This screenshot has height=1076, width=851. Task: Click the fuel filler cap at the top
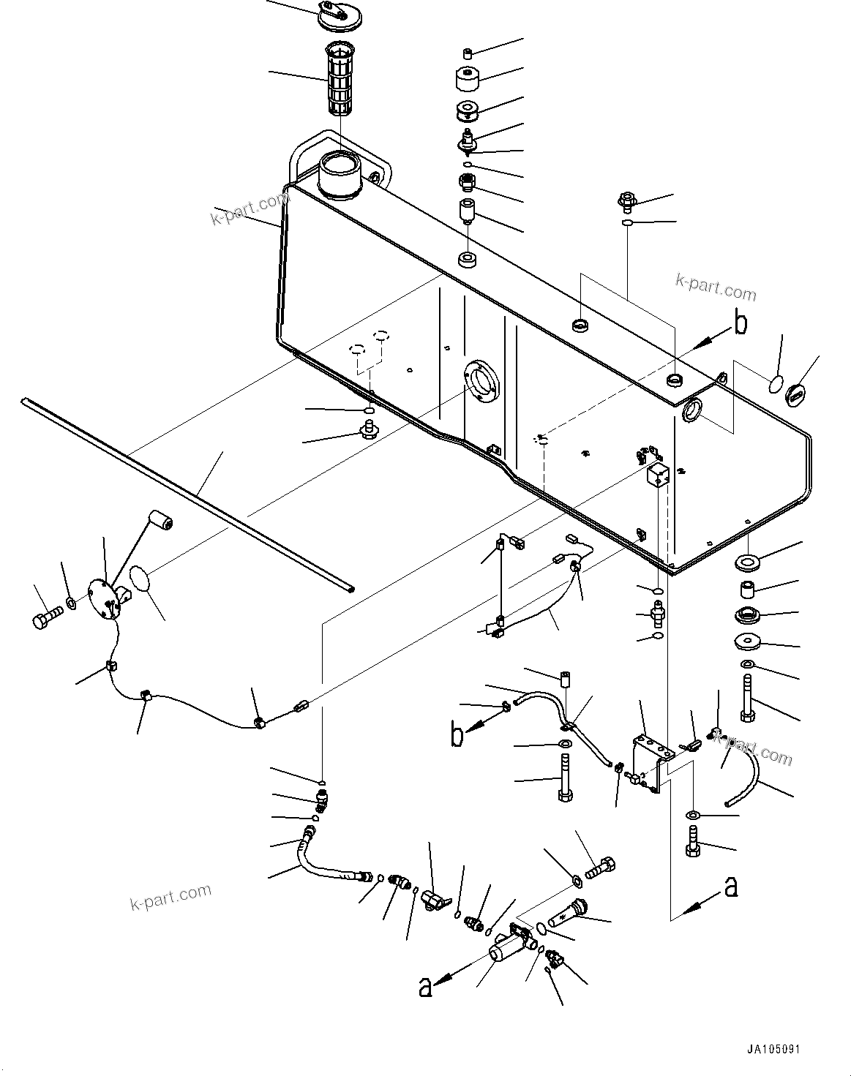(337, 17)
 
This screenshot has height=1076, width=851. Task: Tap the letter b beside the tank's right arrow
(741, 323)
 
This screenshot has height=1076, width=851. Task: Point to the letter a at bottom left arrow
(424, 987)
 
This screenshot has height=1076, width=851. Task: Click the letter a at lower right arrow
(730, 887)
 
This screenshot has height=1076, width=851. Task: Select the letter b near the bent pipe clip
(457, 735)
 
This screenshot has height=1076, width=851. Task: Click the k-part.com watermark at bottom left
(170, 894)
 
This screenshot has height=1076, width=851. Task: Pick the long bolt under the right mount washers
(746, 699)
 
